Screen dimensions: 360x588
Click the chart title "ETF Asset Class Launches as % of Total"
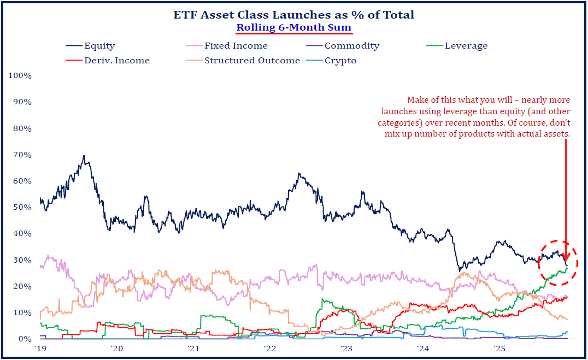tap(294, 15)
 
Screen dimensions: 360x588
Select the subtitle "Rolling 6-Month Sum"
tap(294, 27)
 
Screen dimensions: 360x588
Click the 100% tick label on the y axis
tap(20, 75)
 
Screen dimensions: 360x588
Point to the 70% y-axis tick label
tap(22, 155)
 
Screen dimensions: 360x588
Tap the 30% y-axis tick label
tap(22, 260)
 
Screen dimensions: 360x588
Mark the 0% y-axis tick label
tap(24, 339)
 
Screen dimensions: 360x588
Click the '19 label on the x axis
tap(39, 349)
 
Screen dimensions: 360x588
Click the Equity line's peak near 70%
tap(84, 156)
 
